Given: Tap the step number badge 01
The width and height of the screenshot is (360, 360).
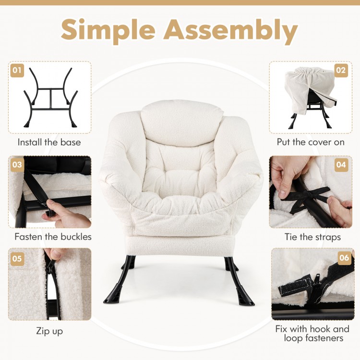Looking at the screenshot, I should tap(17, 71).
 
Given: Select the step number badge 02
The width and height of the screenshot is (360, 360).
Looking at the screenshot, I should tap(341, 71).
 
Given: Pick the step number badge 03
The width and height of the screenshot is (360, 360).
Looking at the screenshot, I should tap(17, 165).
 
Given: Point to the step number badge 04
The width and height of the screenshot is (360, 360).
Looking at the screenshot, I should tap(341, 165).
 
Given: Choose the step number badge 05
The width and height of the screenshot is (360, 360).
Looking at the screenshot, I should tap(17, 258).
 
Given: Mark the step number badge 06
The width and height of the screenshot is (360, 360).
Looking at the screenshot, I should tap(344, 258).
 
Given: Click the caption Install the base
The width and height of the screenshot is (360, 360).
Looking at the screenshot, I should tap(49, 142).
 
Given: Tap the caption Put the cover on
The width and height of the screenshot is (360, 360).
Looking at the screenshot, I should tap(311, 142).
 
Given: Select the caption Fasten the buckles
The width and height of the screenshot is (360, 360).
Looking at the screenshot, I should tap(53, 237).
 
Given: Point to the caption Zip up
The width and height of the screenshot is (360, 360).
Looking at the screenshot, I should tap(49, 331).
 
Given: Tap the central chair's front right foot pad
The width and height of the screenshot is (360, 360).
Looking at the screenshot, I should tap(246, 298).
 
